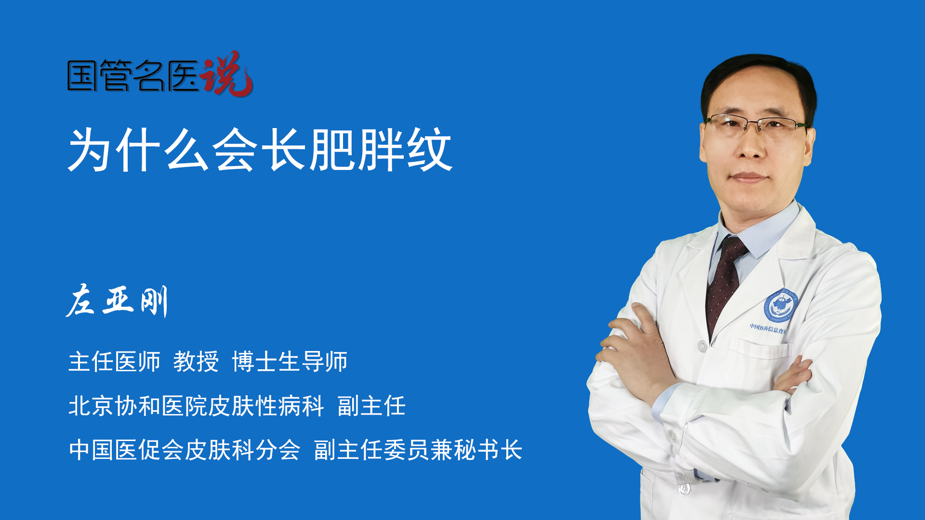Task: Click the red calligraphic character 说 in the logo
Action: point(226,73)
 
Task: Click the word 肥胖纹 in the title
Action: point(381,150)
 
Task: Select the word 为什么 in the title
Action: point(139,150)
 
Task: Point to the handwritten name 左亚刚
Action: point(117,301)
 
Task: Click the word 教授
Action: point(196,362)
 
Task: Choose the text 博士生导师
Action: point(290,362)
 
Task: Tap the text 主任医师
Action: point(114,362)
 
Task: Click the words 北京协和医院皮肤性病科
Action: point(196,406)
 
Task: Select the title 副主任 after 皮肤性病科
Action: point(371,406)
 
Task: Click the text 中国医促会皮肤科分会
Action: point(185,450)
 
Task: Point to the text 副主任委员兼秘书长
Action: point(418,450)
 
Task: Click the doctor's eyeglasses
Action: point(757,125)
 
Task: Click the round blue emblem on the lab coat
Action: point(781,305)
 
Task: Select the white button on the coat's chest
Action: point(702,346)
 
